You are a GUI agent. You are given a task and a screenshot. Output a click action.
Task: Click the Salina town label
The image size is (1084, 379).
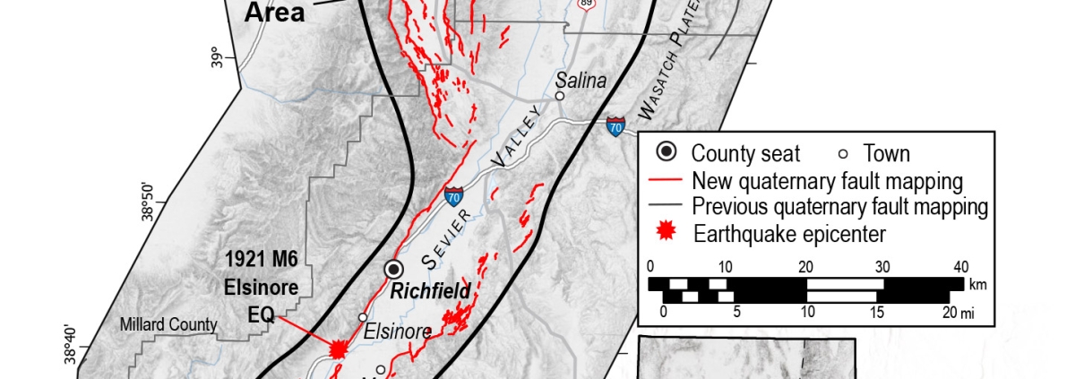(x=581, y=81)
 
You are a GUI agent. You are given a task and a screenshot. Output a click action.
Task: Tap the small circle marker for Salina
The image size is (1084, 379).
(x=559, y=96)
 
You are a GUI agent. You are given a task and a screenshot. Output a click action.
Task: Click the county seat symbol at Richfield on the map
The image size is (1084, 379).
(x=393, y=269)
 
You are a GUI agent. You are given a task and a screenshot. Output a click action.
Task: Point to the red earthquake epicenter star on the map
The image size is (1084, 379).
(x=338, y=349)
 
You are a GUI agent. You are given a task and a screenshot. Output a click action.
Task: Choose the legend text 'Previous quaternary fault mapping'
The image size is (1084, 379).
(x=840, y=207)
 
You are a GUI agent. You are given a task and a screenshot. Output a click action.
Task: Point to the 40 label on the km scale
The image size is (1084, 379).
(x=960, y=266)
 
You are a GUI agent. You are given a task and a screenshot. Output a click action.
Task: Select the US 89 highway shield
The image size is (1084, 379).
(x=587, y=4)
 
